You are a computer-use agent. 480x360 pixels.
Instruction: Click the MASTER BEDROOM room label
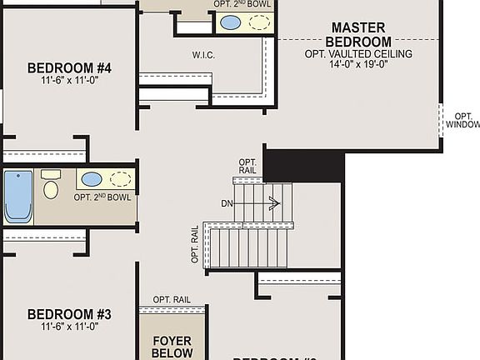tap(358, 34)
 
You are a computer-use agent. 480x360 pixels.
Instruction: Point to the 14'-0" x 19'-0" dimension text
tap(358, 62)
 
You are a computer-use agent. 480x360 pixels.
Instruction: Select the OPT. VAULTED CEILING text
tap(358, 52)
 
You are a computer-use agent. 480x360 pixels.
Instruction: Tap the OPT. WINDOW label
tap(462, 121)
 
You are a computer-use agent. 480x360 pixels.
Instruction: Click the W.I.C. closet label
tap(204, 54)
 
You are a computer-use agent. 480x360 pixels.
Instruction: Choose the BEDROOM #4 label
tap(69, 67)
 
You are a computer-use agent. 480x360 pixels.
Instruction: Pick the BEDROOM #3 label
tap(69, 314)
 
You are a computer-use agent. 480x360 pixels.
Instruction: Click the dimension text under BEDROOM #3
tap(69, 327)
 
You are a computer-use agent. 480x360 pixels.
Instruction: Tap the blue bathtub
tap(17, 197)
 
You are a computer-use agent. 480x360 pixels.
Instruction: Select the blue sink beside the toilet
tap(92, 179)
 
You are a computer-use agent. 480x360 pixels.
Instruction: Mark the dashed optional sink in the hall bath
tap(120, 179)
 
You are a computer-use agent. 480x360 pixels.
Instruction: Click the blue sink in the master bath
tap(231, 22)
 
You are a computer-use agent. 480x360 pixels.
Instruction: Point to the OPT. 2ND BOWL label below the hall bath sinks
tap(102, 197)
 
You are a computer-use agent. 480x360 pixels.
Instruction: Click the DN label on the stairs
tap(227, 203)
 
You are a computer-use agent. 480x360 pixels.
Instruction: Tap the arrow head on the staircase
tap(276, 202)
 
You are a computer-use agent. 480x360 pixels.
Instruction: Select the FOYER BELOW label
tap(172, 347)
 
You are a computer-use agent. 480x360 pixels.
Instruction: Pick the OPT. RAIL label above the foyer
tap(172, 299)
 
